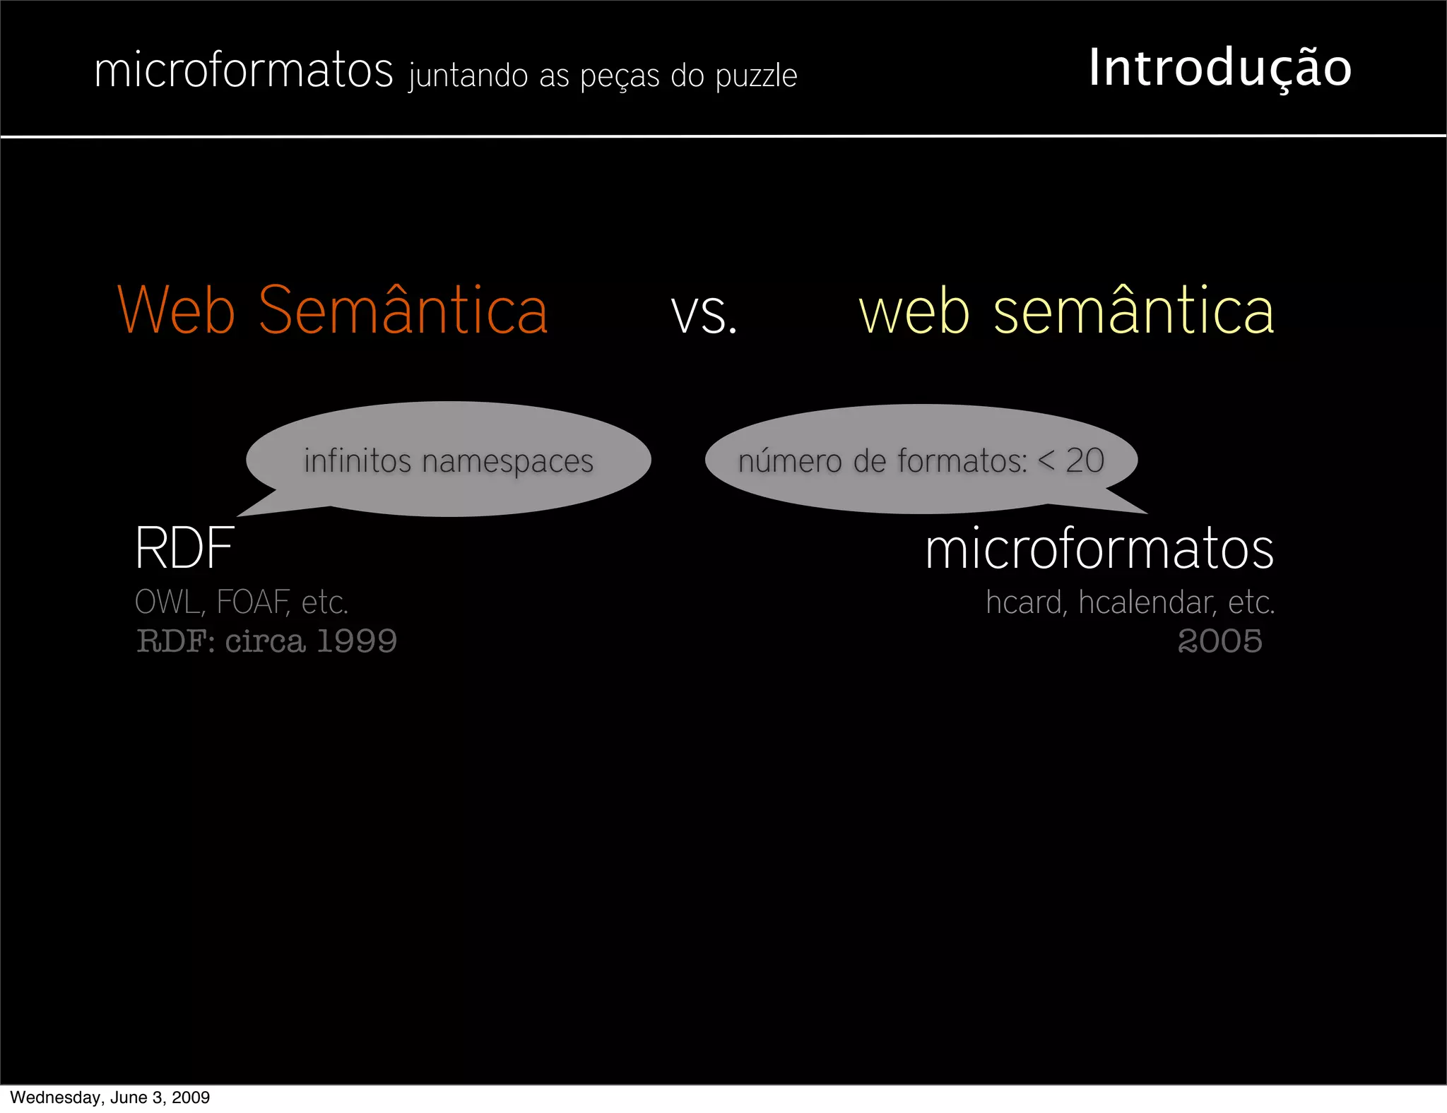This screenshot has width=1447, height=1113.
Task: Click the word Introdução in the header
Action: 1219,69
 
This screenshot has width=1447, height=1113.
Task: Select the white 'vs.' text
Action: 704,313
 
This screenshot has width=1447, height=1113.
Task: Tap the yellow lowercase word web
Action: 914,311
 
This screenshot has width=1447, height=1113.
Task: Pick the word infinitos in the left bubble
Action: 358,460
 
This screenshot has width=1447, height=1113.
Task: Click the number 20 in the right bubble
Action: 1085,460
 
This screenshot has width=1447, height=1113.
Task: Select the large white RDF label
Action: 184,548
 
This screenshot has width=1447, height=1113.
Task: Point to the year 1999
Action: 357,641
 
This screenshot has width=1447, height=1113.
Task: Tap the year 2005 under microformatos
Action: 1219,641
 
